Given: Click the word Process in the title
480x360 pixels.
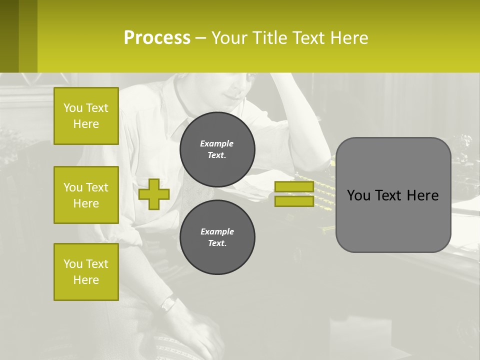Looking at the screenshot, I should pos(157,37).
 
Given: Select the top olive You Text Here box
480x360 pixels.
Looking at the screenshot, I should pos(86,116).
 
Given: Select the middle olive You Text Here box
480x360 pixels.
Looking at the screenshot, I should pos(86,195).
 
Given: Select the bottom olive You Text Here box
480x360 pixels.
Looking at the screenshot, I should pos(86,272).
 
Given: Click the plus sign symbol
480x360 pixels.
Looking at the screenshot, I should pos(154,194).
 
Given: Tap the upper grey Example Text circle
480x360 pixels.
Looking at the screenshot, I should pos(217,149).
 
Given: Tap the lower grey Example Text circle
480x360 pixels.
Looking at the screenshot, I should pos(217,237).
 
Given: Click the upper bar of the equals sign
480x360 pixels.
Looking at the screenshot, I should pos(294,187).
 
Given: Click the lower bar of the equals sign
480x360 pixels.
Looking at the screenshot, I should pos(294,201).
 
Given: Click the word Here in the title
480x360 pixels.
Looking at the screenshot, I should pos(348,37).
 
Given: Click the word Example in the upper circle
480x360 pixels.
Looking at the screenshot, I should pos(217,143).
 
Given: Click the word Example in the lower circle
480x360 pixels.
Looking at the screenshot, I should pos(217,231).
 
